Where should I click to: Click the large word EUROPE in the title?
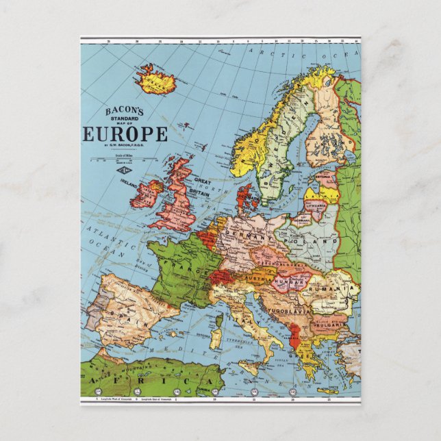pos(126,134)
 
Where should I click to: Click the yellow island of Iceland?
pos(155,80)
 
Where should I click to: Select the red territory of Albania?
pos(296,335)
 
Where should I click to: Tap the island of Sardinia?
pos(217,338)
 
